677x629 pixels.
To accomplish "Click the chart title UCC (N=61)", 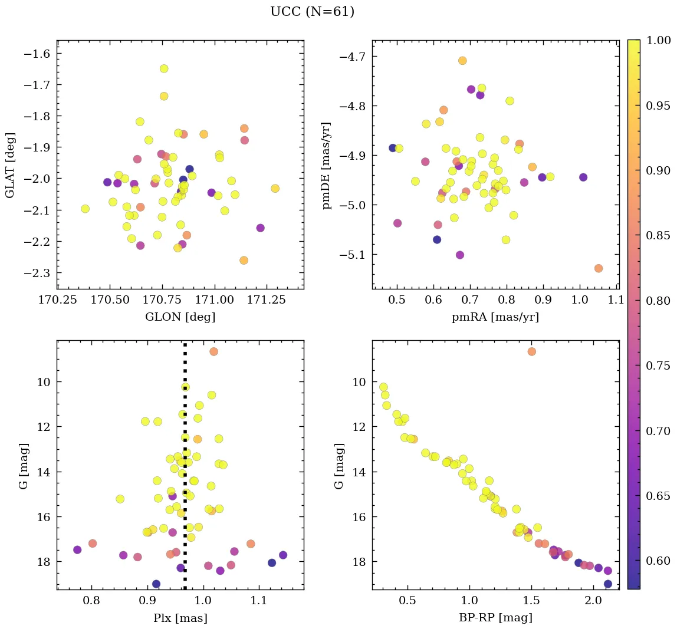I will [x=312, y=12].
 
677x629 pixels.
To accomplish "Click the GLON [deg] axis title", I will [x=180, y=317].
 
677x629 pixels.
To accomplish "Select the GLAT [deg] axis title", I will [x=9, y=165].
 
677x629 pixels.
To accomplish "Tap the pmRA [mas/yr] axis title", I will [x=495, y=317].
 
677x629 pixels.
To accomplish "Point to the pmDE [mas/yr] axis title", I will [x=326, y=166].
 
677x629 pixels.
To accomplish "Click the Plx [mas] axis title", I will [x=180, y=618].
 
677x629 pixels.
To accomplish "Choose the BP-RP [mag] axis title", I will [x=495, y=618].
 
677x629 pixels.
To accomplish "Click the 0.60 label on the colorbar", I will [x=659, y=560].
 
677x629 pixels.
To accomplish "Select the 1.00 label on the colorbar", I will [x=659, y=40].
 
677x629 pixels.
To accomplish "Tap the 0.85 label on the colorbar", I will [x=659, y=235].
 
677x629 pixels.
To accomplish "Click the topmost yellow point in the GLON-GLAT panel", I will [x=164, y=68].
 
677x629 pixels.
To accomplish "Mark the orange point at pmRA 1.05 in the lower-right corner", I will [x=599, y=268].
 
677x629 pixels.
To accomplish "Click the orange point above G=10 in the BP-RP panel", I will [x=531, y=351].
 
